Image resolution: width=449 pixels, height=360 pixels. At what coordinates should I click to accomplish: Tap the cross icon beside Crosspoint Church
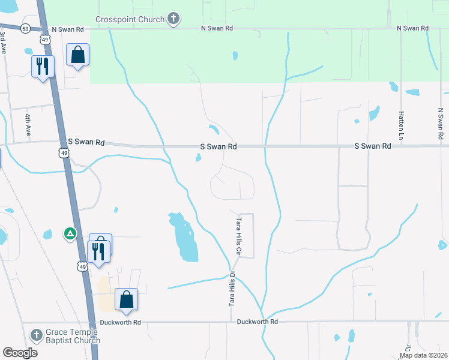pos(173,19)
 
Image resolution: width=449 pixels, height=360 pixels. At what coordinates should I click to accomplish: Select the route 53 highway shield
pos(25,28)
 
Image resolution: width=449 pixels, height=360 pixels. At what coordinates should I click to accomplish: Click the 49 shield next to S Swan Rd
pos(64,154)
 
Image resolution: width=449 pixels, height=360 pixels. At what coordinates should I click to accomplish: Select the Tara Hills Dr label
pos(232,290)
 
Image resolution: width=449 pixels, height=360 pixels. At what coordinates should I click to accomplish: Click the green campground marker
pos(70,233)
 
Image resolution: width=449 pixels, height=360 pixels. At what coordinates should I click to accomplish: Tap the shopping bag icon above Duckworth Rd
pos(126,299)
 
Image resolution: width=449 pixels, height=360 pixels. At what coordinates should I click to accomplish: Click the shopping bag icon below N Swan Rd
pos(77,55)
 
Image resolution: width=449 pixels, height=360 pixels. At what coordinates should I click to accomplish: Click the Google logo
pos(20,353)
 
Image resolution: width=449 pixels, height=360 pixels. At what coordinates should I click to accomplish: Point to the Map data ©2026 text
pos(423,355)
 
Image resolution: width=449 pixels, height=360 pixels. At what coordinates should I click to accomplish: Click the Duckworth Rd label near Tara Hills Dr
pos(258,322)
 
